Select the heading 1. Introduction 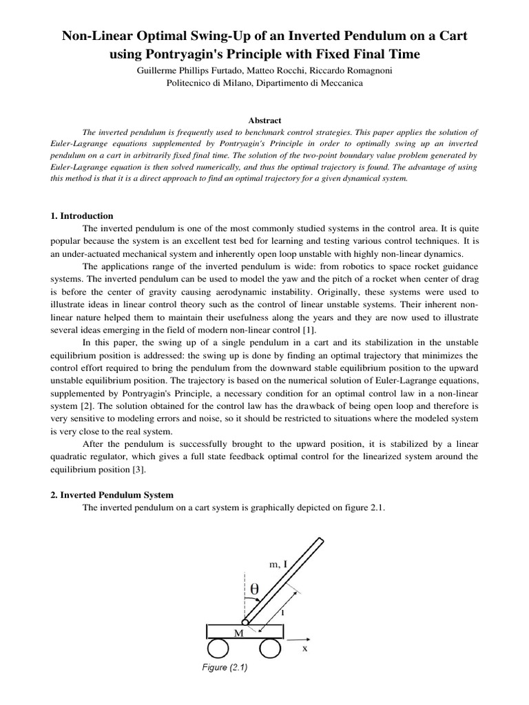point(82,215)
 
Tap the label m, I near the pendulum point(278,564)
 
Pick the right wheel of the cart point(271,649)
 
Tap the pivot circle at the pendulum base point(245,622)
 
